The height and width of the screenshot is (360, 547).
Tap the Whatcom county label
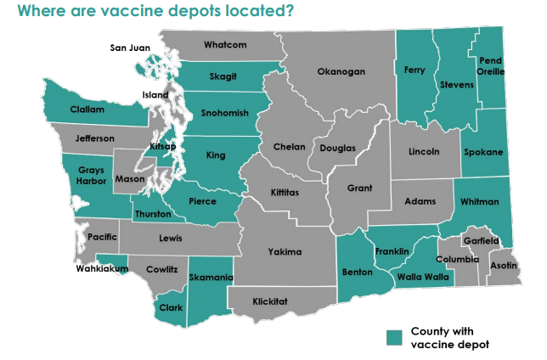point(225,44)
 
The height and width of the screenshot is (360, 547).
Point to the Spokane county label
point(483,152)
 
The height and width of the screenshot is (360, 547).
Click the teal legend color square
point(393,337)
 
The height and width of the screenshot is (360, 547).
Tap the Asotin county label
point(505,264)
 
